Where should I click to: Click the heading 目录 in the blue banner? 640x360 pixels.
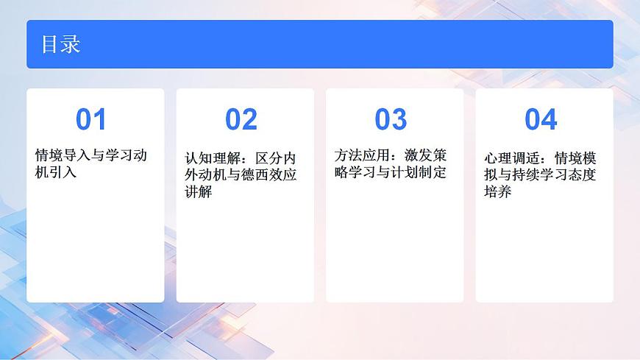(x=60, y=45)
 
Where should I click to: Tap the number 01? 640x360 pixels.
(x=91, y=119)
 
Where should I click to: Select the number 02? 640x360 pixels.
(x=241, y=119)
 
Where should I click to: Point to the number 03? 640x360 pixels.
(x=391, y=119)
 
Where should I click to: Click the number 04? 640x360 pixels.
(x=541, y=119)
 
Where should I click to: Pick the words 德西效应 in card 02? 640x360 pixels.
(x=269, y=176)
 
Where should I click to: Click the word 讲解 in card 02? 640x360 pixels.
(x=199, y=193)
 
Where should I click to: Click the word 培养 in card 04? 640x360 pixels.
(x=498, y=192)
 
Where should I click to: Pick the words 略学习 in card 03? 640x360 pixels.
(x=355, y=173)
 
